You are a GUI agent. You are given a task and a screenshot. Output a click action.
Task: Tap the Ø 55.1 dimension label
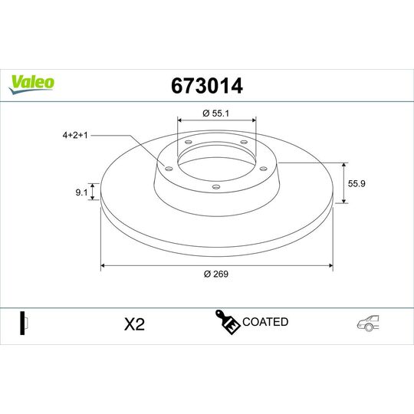(217, 113)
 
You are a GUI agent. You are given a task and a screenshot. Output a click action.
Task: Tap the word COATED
(265, 322)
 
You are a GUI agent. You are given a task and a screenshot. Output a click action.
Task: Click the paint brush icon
(227, 323)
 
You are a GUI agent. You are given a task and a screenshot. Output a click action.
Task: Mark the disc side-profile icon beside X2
(24, 324)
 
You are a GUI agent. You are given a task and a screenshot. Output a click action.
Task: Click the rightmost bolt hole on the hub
(262, 169)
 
